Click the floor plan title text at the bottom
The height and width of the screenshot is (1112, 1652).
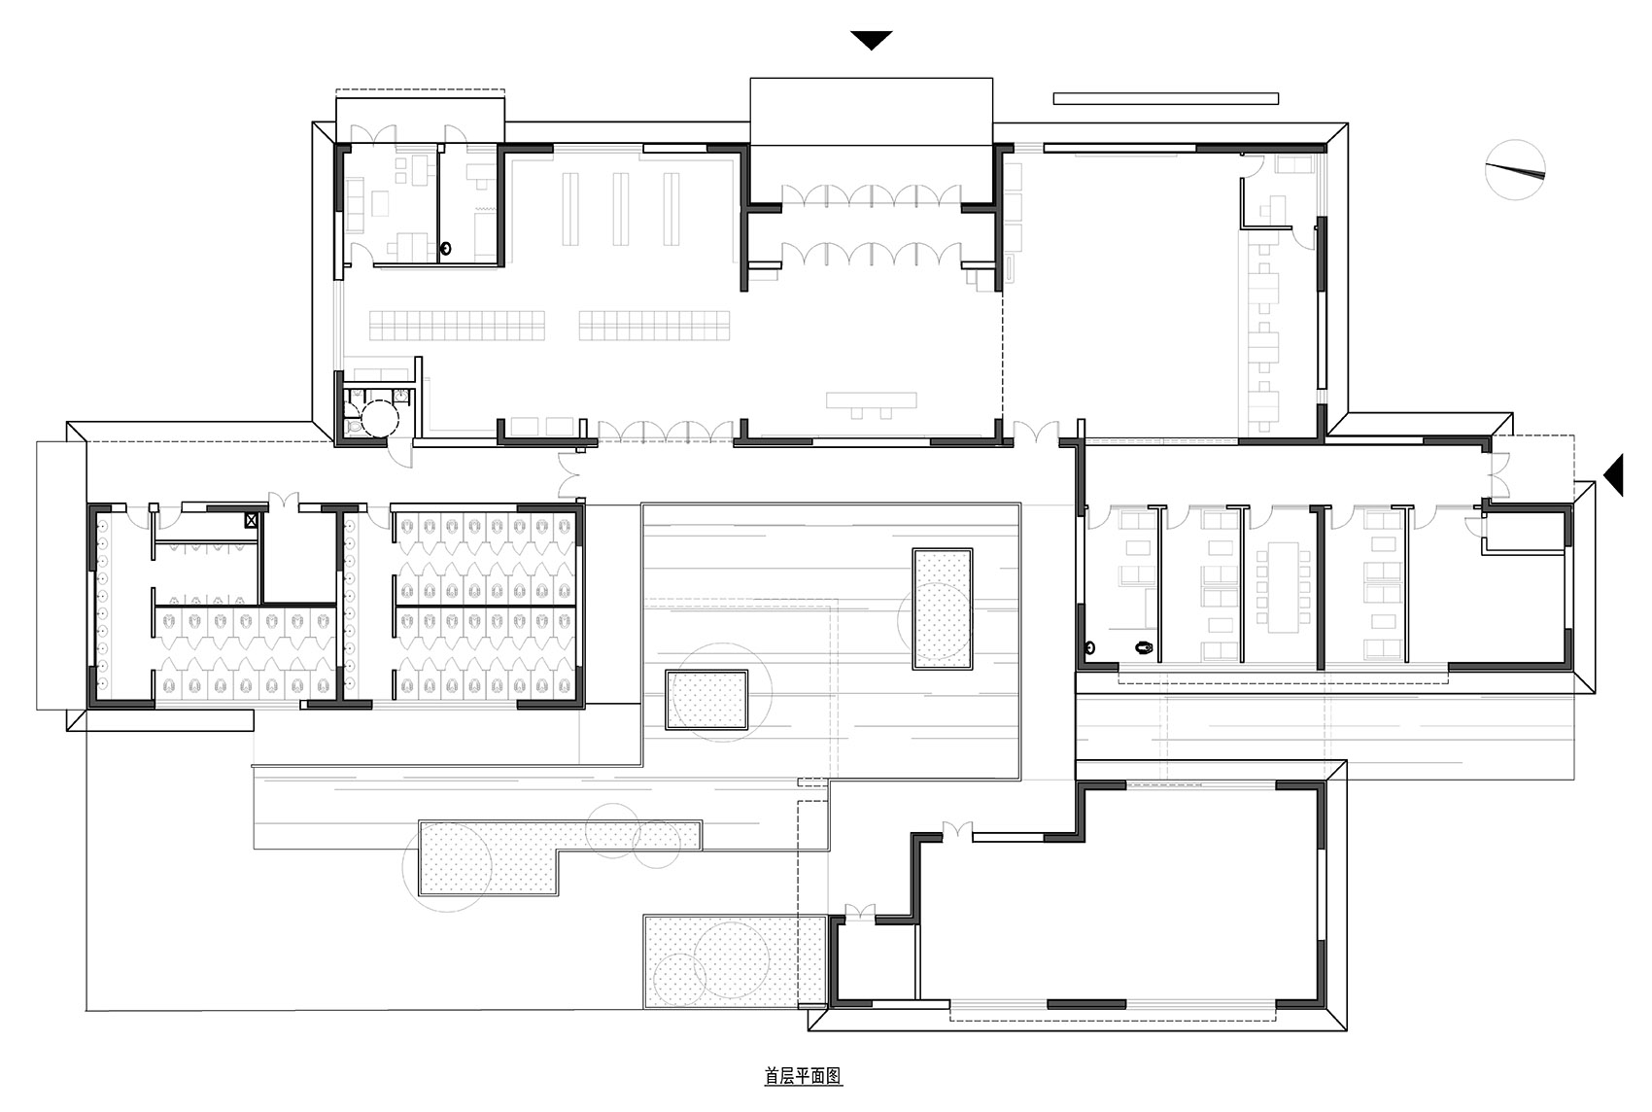[803, 1076]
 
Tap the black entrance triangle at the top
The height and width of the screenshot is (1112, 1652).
[872, 41]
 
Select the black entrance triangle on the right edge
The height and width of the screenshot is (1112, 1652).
[1613, 475]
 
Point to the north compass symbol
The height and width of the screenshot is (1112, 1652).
[1515, 170]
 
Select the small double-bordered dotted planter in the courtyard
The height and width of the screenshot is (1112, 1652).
[706, 699]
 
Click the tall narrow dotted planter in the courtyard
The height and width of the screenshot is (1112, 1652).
[943, 608]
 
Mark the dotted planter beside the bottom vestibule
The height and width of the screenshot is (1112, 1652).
[734, 960]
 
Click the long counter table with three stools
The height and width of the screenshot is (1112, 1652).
[872, 400]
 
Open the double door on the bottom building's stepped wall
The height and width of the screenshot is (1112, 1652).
[957, 830]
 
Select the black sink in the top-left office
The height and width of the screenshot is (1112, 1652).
[446, 249]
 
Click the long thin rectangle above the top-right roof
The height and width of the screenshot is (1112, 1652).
[1165, 98]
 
